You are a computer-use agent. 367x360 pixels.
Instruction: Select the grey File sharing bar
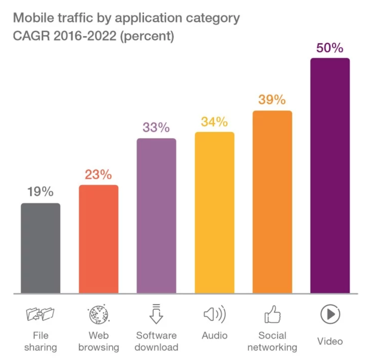pos(41,248)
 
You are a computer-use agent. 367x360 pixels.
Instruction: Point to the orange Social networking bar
pos(272,202)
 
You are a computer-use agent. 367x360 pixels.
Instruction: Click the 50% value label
pos(330,48)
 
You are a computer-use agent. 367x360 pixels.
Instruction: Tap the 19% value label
pos(41,192)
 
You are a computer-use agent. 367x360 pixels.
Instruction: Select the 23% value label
pos(98,174)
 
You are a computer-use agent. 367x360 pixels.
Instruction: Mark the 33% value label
pos(156,128)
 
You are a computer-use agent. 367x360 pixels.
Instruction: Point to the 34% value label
pos(214,122)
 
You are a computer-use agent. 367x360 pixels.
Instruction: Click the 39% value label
pos(272,100)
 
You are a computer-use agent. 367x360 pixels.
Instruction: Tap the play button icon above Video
pos(330,314)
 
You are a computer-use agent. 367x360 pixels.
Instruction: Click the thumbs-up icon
pos(273,315)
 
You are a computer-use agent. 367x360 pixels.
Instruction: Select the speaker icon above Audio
pos(214,314)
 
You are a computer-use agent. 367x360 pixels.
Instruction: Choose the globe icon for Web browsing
pos(98,314)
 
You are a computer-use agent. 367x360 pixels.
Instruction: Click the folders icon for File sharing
pos(41,314)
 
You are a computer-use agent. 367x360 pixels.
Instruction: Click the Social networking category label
pos(272,341)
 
